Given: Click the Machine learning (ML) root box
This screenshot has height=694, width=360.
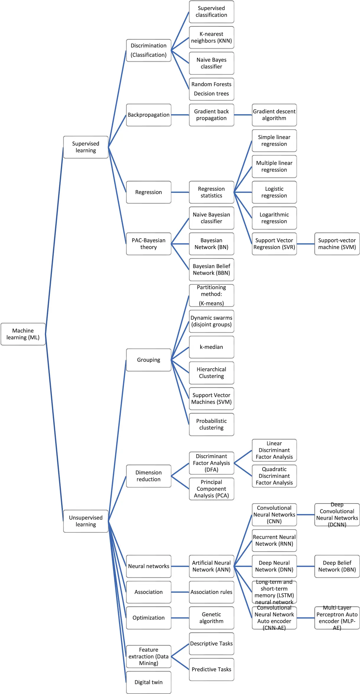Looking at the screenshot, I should (x=23, y=334).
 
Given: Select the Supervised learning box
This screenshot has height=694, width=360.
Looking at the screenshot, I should (x=86, y=147).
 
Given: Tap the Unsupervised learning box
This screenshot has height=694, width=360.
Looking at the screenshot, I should (x=86, y=521).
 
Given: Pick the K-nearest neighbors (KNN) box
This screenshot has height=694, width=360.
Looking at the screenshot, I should (x=211, y=38).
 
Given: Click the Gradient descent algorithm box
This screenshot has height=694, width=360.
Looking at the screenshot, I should (x=274, y=115).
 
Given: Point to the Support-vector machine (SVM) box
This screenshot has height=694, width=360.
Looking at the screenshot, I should (x=337, y=244).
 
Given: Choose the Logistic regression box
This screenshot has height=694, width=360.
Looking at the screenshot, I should (x=274, y=192).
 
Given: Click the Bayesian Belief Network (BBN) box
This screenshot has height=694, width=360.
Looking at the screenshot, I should (x=211, y=270).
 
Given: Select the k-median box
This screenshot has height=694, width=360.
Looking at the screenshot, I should (x=211, y=347).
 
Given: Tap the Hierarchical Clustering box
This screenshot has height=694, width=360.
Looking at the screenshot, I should (x=211, y=373).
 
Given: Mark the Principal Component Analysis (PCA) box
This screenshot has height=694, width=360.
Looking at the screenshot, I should (x=211, y=489).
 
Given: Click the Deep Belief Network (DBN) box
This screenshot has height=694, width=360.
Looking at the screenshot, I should (x=337, y=566).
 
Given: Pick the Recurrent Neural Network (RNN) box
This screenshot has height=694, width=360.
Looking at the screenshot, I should (x=274, y=540).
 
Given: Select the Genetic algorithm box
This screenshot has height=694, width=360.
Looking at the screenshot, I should (x=211, y=618).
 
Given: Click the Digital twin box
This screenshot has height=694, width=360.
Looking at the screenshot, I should (x=149, y=682).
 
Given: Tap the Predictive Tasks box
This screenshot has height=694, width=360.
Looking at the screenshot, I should (x=211, y=669).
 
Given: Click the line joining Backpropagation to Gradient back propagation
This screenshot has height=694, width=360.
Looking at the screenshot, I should (x=180, y=115).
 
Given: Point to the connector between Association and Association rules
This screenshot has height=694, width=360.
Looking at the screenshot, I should (x=180, y=592).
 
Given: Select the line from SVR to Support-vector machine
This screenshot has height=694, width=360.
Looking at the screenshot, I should (x=306, y=244).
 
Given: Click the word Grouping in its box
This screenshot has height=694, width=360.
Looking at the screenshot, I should (x=149, y=360).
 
